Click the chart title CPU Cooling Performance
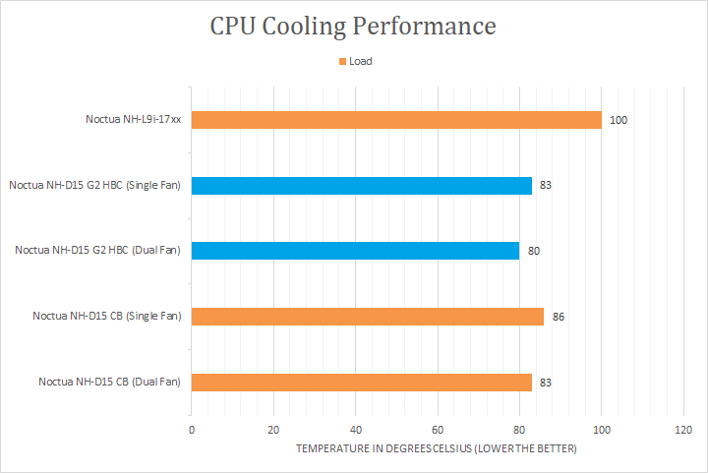click(x=353, y=26)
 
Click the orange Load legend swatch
click(x=343, y=61)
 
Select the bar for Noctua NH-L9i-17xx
click(x=396, y=120)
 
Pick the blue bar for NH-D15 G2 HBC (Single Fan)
click(x=362, y=185)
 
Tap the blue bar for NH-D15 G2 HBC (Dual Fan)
click(x=355, y=251)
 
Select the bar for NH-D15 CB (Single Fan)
click(x=368, y=316)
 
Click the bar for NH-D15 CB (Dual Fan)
click(x=362, y=382)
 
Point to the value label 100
click(x=618, y=120)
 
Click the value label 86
click(x=558, y=317)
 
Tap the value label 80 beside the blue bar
click(x=534, y=251)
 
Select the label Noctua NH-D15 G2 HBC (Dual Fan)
click(x=97, y=251)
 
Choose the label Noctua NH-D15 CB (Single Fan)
click(x=106, y=317)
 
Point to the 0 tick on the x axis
click(x=192, y=430)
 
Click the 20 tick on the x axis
click(x=273, y=430)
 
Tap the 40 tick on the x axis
click(x=356, y=430)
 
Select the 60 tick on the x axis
click(x=438, y=430)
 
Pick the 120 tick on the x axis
click(x=683, y=430)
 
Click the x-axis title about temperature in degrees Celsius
click(x=436, y=449)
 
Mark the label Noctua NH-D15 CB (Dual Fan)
click(x=109, y=382)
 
